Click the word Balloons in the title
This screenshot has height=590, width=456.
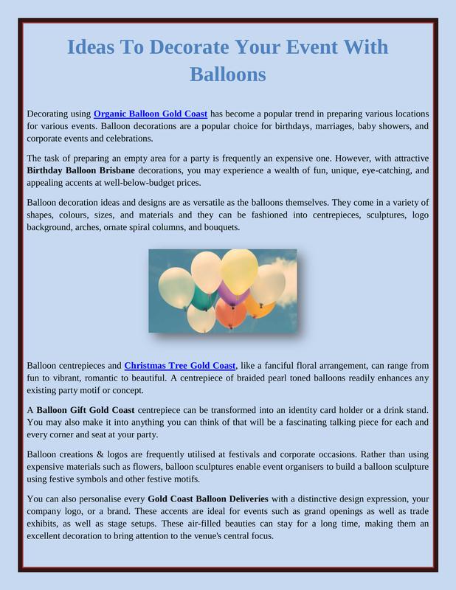click(x=227, y=74)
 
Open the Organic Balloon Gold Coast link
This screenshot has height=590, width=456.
click(x=151, y=114)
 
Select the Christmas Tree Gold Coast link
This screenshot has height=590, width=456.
click(x=180, y=365)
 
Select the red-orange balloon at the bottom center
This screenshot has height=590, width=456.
click(x=230, y=314)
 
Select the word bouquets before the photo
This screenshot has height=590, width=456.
click(x=219, y=227)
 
